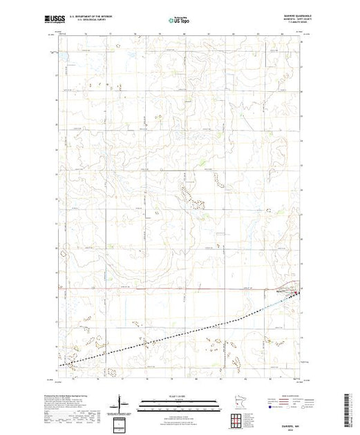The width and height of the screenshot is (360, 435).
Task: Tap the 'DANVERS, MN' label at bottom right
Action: [x=290, y=415]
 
